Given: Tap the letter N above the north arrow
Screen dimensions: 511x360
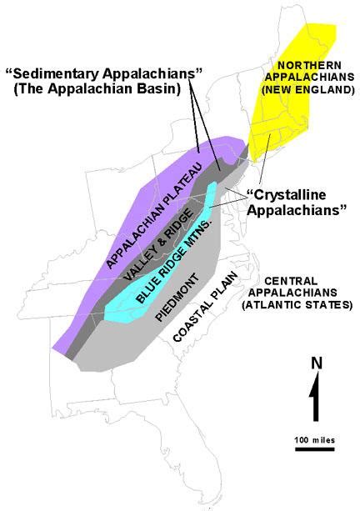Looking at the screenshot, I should [315, 363].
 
